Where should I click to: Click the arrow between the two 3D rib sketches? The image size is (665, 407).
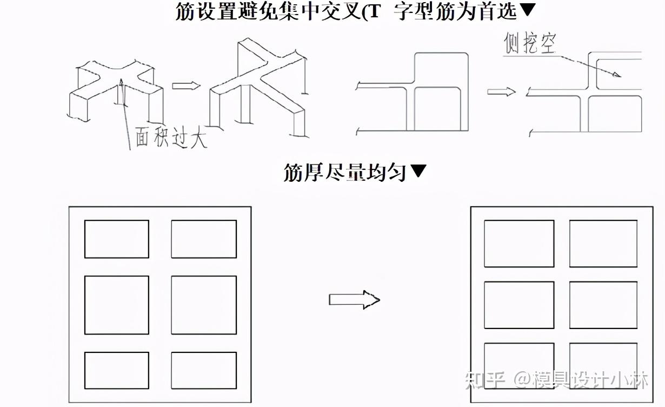(186, 86)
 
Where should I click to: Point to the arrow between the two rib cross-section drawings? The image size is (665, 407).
(501, 92)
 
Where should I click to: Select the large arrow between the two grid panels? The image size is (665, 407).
(354, 299)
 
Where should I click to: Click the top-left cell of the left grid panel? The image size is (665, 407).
(116, 239)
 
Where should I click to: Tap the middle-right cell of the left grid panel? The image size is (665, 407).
(204, 305)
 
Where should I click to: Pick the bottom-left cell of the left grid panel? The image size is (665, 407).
(116, 370)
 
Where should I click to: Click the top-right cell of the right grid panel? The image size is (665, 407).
(603, 244)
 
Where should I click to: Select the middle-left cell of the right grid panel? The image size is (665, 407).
(519, 305)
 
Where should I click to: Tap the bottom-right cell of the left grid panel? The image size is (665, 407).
(204, 370)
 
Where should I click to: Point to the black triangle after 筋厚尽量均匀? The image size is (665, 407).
(419, 172)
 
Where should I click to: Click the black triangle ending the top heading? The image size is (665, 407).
(528, 10)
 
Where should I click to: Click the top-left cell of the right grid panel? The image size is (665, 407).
(519, 244)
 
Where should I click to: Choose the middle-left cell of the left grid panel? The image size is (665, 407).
(116, 305)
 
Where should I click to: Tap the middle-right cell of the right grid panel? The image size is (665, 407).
(603, 305)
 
